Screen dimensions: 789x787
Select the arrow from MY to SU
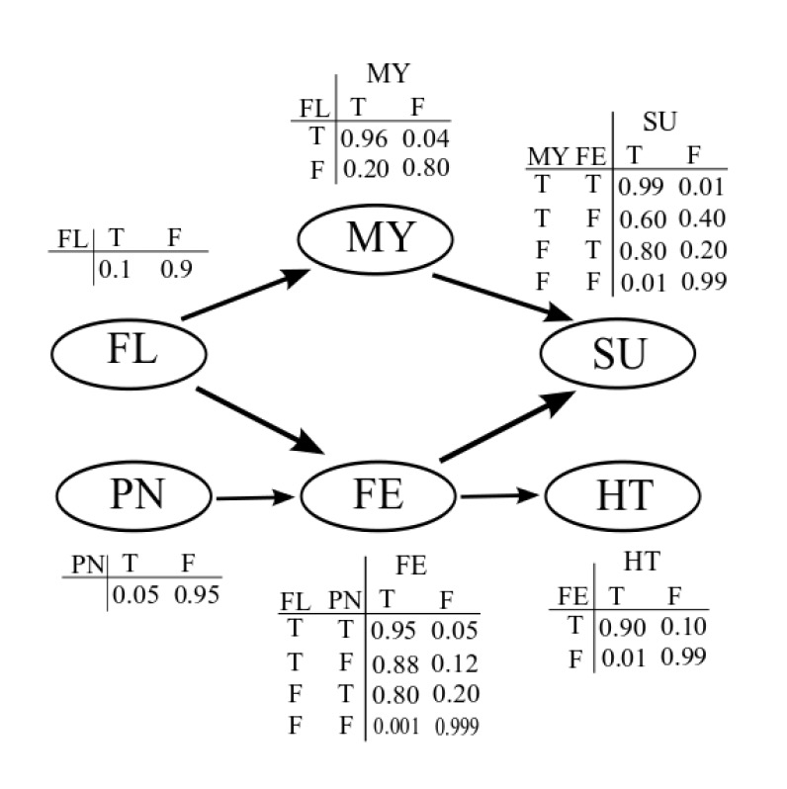(x=503, y=296)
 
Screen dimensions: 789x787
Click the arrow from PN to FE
(x=258, y=497)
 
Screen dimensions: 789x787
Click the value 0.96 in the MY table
(x=364, y=138)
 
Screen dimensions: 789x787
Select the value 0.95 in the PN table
(x=195, y=595)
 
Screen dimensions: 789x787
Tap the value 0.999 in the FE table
(x=458, y=726)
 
